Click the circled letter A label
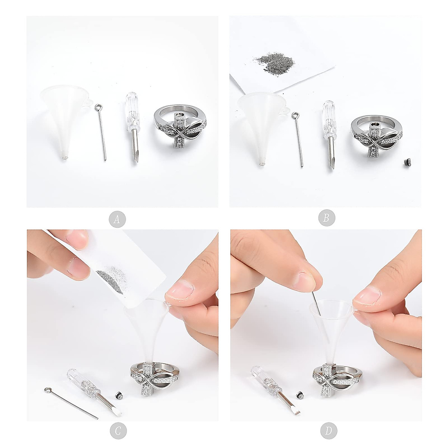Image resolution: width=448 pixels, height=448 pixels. point(117,219)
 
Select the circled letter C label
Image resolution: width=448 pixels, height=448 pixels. point(117,431)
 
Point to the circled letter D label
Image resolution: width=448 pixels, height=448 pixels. point(328,431)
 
